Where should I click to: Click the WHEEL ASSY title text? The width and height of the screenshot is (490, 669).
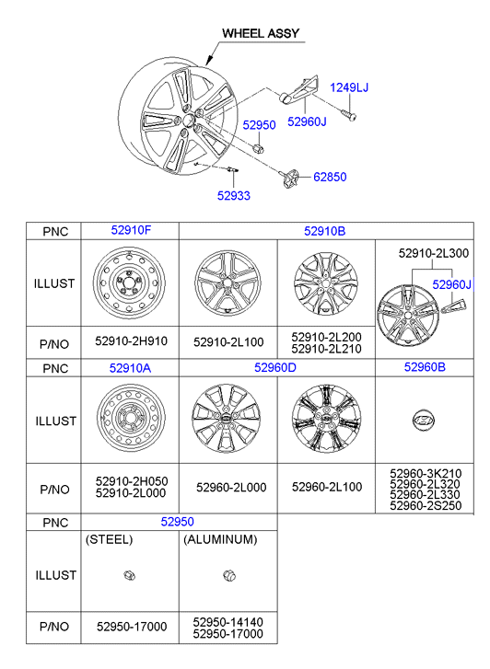260,33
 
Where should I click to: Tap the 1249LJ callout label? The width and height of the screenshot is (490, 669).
348,87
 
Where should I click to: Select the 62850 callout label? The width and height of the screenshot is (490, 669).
330,177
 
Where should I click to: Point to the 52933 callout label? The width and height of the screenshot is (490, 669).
234,195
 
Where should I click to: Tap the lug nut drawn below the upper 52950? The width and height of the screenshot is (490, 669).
259,148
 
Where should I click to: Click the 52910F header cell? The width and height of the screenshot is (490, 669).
131,230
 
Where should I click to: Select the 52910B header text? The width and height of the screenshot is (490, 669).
325,231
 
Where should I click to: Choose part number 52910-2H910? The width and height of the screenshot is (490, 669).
131,341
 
